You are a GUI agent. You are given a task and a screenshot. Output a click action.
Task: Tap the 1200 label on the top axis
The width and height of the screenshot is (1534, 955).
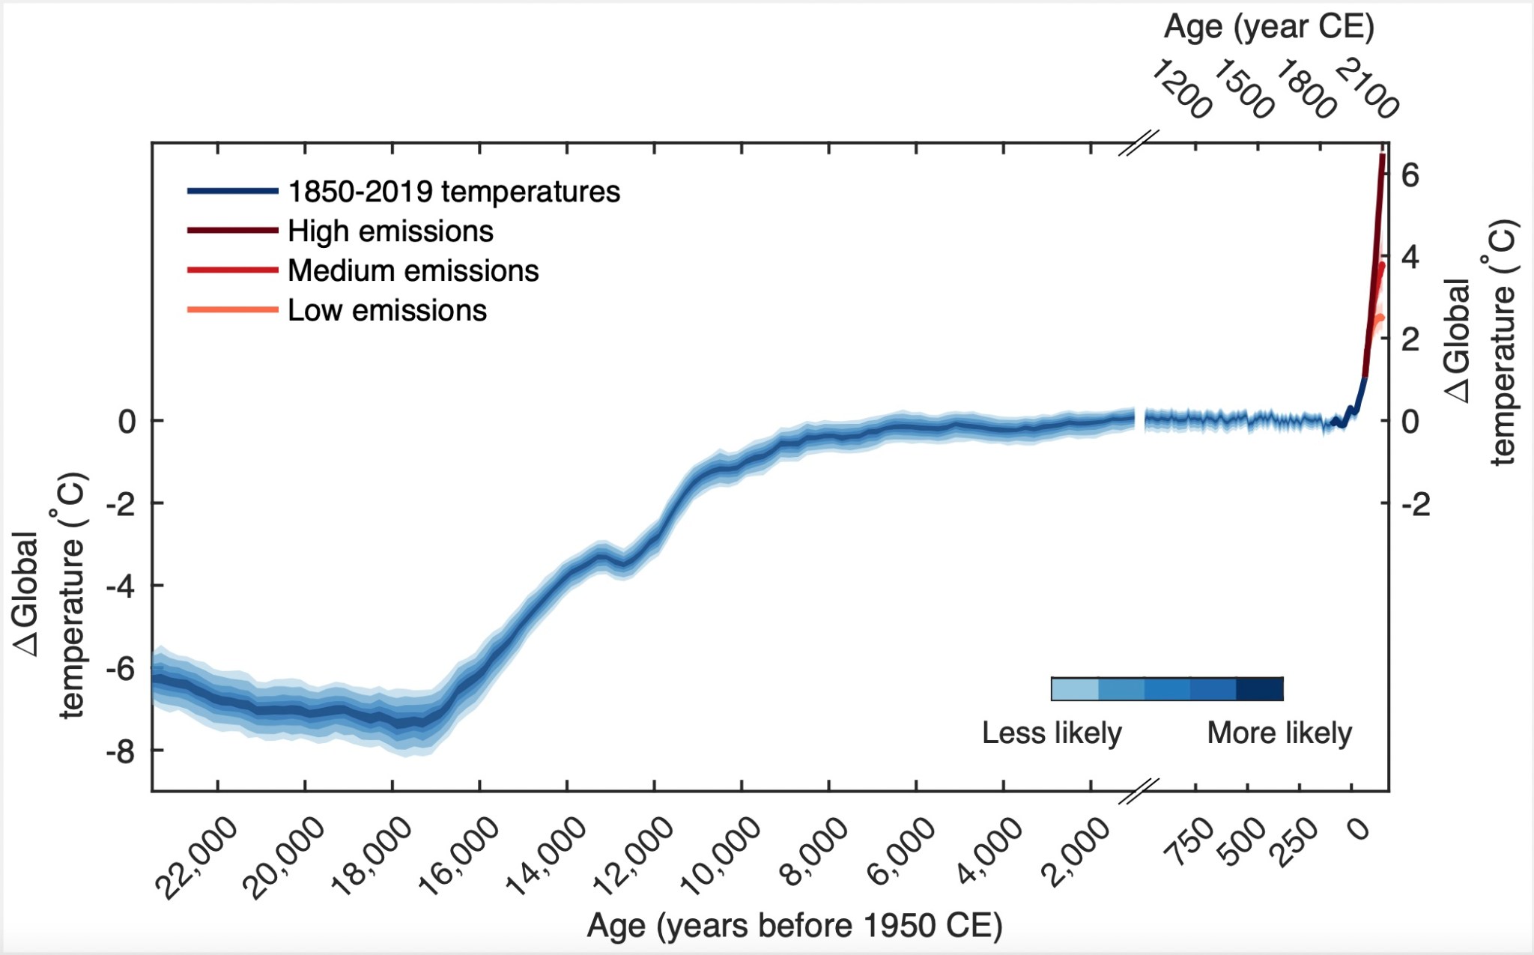[1181, 89]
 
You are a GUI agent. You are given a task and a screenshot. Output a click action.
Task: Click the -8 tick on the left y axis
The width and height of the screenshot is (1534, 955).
[121, 751]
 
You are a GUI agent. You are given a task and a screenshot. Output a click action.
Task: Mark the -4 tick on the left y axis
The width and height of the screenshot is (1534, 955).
[121, 586]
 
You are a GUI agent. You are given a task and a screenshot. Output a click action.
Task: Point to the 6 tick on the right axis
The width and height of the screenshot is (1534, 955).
[1410, 175]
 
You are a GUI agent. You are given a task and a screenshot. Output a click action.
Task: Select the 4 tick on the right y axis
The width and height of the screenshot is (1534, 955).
[1410, 257]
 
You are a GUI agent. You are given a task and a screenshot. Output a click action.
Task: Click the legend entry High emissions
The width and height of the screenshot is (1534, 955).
[390, 231]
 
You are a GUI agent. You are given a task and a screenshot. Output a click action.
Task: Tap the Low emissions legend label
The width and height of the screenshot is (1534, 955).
[386, 311]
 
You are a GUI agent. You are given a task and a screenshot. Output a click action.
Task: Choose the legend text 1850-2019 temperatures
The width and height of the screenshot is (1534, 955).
[454, 192]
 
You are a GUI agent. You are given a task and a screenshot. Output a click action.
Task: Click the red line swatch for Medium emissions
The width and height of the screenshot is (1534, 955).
[232, 270]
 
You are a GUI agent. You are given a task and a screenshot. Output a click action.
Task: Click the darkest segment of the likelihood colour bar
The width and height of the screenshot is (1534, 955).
[1260, 689]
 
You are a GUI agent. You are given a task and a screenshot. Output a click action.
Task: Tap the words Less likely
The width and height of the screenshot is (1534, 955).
[1052, 733]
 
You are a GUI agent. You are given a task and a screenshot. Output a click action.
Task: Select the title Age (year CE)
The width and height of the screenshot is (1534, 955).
[1269, 28]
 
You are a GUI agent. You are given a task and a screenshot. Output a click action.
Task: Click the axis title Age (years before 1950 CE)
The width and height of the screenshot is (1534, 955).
[794, 926]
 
